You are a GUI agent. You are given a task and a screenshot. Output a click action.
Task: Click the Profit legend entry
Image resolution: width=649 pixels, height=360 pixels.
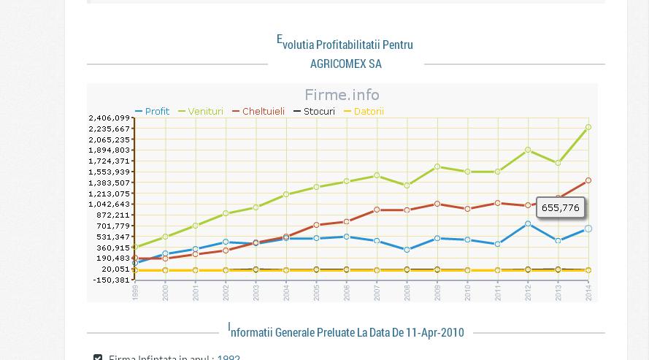[153, 112]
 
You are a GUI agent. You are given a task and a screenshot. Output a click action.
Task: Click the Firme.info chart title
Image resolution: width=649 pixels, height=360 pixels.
[342, 95]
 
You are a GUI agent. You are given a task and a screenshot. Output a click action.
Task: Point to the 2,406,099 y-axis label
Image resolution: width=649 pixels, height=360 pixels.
[110, 118]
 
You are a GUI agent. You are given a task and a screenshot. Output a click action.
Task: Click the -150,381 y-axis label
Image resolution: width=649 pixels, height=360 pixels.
[111, 280]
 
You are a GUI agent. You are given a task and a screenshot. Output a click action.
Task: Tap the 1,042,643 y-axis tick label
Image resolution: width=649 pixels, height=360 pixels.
[110, 204]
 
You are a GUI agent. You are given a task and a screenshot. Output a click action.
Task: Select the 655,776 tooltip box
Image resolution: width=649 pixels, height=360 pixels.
[561, 208]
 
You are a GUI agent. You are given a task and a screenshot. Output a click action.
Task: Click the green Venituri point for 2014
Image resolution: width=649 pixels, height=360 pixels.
[588, 128]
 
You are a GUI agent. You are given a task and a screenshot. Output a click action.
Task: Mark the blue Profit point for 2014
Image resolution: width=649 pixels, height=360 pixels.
[588, 229]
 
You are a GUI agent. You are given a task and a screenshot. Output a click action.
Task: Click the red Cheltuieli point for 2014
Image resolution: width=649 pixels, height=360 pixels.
[588, 181]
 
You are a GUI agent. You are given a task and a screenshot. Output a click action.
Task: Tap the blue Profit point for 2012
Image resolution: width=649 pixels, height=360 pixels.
[528, 224]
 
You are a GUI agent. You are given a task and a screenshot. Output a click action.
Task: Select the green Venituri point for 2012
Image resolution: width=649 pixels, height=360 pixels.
[528, 150]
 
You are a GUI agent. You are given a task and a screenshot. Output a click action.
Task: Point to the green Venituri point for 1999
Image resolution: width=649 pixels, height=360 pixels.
[135, 248]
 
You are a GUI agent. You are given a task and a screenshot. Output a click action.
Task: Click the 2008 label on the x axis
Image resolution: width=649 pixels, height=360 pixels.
[407, 292]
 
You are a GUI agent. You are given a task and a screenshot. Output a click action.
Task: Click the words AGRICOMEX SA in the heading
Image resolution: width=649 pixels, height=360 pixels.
[345, 64]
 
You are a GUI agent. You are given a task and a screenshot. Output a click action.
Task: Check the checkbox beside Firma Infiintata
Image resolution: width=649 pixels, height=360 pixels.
[98, 357]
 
